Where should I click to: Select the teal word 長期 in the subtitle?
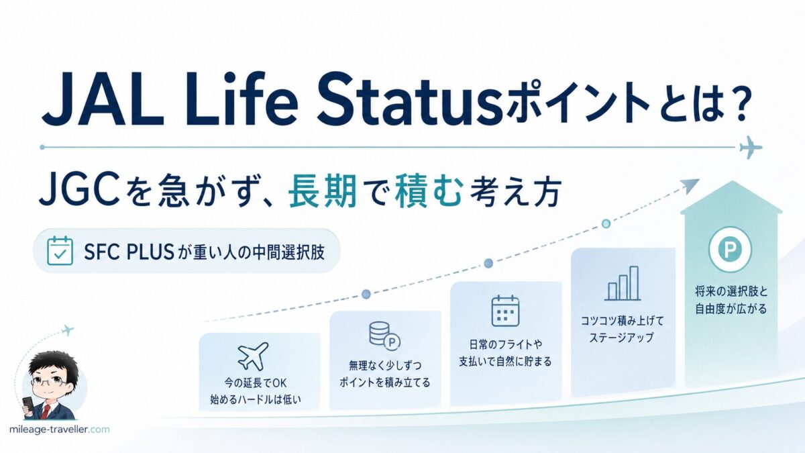click(323, 191)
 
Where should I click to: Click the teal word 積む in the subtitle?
click(427, 191)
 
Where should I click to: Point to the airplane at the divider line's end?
click(751, 147)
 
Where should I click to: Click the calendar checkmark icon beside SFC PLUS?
click(60, 250)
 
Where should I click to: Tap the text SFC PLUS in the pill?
click(129, 252)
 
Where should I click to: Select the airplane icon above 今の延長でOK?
click(254, 356)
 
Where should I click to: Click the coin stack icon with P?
click(384, 336)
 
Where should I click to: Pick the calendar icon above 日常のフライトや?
click(505, 311)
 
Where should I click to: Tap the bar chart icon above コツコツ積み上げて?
click(623, 283)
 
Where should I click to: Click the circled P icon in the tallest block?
click(730, 249)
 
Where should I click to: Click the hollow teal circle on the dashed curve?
click(606, 224)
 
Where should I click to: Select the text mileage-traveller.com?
click(60, 430)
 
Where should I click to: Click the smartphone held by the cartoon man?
click(28, 407)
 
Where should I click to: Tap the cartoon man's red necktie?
click(44, 411)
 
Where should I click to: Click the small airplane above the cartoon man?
click(67, 330)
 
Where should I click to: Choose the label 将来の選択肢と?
click(731, 291)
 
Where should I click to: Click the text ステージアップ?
click(621, 338)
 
